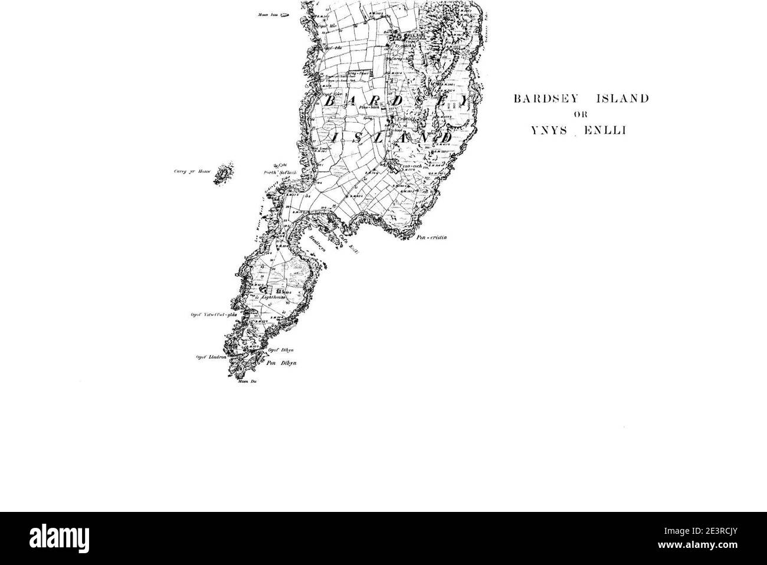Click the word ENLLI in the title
click(x=605, y=131)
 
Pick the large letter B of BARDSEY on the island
click(x=329, y=101)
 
